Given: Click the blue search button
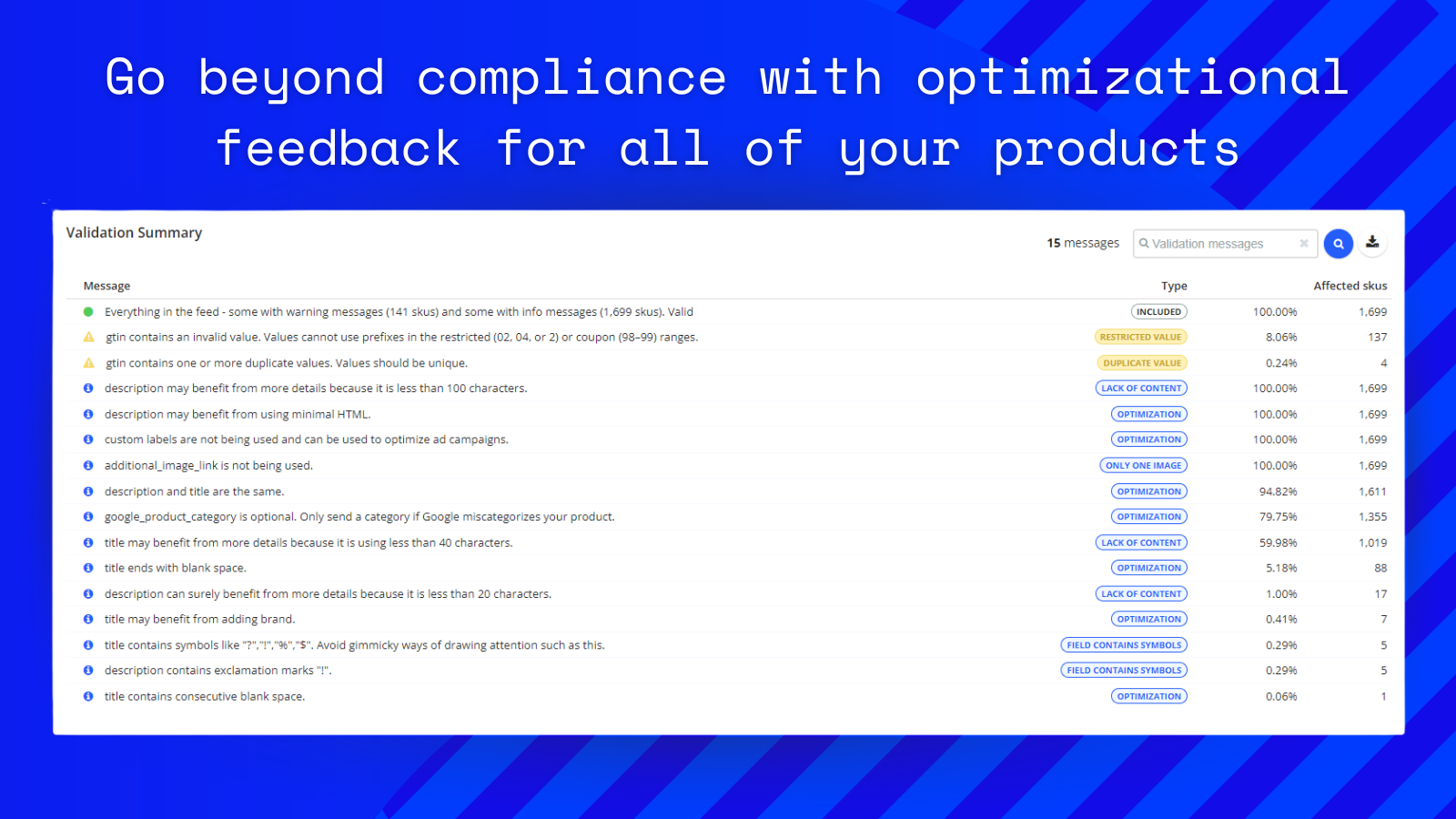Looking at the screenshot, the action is tap(1338, 244).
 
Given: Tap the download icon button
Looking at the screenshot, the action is tap(1372, 242).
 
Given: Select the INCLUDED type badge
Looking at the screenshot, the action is tap(1159, 311).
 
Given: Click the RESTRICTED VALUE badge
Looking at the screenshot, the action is tap(1141, 337).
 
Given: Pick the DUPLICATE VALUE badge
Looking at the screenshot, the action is tap(1142, 363).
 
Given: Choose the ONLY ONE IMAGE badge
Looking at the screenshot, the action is tap(1143, 465).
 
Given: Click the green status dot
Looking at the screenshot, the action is tap(88, 312).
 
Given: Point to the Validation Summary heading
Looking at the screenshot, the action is tap(134, 233).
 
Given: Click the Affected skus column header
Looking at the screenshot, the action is tap(1350, 286).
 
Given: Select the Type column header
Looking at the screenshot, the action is tap(1174, 286).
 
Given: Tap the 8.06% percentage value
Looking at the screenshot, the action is tap(1280, 338).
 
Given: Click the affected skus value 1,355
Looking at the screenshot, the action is tap(1372, 517).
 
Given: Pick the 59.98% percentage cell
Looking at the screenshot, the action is tap(1278, 542).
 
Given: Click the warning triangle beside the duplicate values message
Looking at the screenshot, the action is tap(89, 363).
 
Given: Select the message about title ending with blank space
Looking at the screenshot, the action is tap(176, 568).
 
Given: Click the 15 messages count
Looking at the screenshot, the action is tap(1083, 243).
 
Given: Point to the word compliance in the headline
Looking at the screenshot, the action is tap(571, 79).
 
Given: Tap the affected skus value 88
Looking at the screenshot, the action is tap(1380, 568).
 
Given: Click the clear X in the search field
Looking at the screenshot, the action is tap(1304, 243).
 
